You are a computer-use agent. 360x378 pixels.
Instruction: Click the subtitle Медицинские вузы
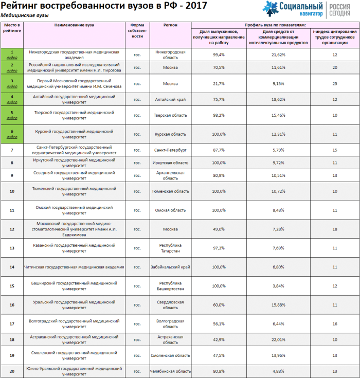coord(25,15)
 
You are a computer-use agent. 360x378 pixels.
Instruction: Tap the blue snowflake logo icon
coord(272,9)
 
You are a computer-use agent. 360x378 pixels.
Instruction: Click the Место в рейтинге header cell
coord(11,28)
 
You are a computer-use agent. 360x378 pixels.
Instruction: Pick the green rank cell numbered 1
coord(11,55)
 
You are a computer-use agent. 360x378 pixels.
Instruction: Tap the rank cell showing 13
coord(11,248)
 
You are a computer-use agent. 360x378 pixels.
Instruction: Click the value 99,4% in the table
coord(219,55)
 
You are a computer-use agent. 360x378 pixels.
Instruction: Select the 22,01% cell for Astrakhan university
coord(278,340)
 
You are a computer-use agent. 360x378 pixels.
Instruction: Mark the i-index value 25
coord(335,83)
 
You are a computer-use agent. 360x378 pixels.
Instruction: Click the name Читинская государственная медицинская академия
coord(75,267)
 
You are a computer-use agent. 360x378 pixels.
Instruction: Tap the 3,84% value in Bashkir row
coord(278,286)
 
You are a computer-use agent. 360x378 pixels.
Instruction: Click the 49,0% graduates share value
coord(219,229)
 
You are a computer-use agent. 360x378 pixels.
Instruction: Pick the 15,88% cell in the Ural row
coord(278,305)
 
